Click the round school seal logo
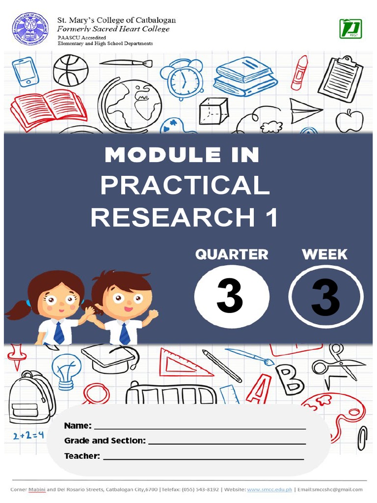(30, 29)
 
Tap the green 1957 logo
(350, 29)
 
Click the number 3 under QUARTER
(231, 297)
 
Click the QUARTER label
(232, 254)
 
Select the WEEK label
(324, 254)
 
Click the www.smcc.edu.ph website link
(269, 489)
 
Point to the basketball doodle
(71, 70)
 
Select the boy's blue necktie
(125, 334)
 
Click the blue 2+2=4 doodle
(28, 434)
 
